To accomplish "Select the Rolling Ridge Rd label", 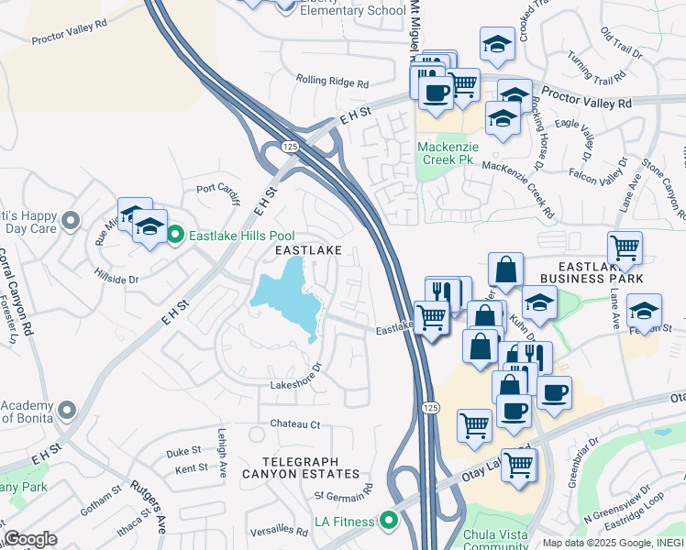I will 332,82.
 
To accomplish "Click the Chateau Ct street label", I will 294,424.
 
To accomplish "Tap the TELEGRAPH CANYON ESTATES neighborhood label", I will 301,467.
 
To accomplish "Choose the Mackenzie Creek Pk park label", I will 446,153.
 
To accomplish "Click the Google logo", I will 30,538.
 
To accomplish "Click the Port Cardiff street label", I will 217,188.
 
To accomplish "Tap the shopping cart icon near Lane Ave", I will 625,247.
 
